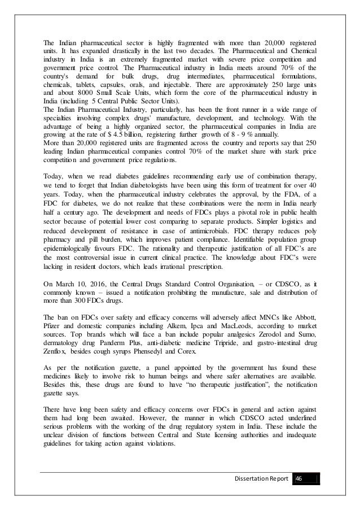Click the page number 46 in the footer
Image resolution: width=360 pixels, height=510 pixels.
[x=298, y=479]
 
